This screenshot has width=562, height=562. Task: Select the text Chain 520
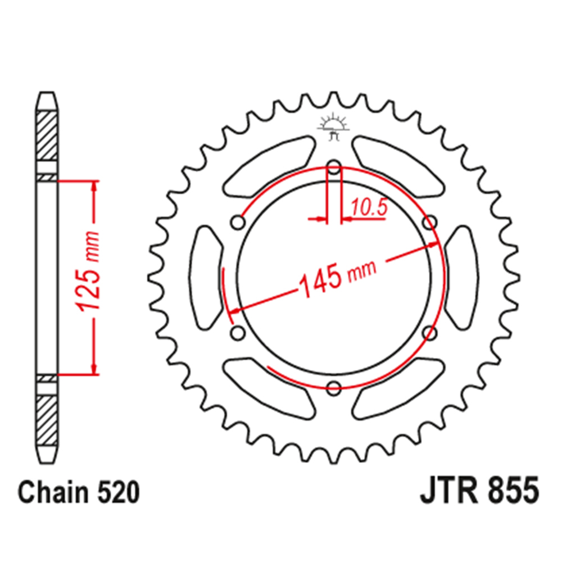(78, 493)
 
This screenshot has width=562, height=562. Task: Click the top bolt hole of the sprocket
(334, 167)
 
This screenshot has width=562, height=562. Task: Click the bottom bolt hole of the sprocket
(334, 387)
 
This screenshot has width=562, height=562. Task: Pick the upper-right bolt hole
(430, 223)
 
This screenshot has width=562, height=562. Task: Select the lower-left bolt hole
(238, 333)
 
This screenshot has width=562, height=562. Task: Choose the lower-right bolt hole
(430, 333)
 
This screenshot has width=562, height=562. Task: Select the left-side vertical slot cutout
(207, 277)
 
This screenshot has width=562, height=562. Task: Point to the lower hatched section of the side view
(47, 418)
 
